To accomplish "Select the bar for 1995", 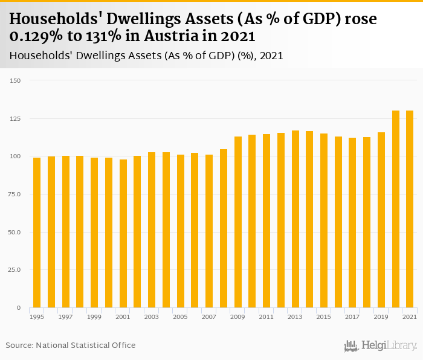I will click(37, 233).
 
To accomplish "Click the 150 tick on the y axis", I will click(16, 81).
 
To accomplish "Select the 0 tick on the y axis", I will click(19, 308).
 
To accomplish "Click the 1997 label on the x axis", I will click(66, 317).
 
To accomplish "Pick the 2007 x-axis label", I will click(209, 317).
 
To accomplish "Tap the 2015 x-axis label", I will click(324, 317).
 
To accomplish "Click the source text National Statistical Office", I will click(85, 345).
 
